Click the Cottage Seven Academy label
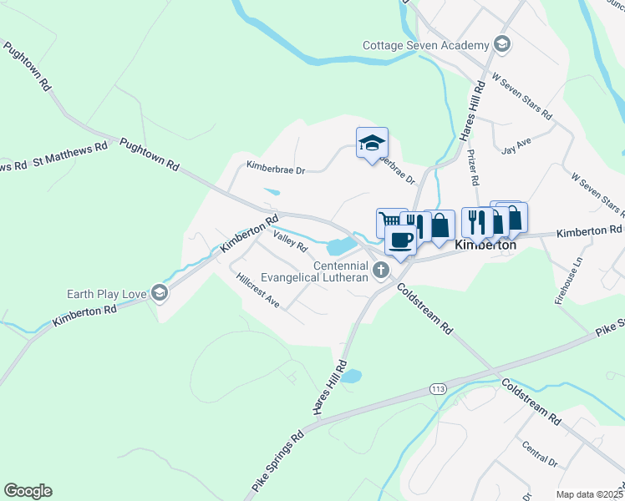pos(424,45)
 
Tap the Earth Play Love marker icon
pos(160,293)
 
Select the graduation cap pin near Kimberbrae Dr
pos(372,144)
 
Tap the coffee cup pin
pos(400,240)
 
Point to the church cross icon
pos(381,269)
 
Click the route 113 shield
pos(437,389)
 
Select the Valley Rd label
pos(291,243)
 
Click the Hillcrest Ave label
pos(257,289)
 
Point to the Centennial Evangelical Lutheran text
pos(315,271)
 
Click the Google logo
pos(28,491)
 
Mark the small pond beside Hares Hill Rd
pos(352,376)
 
